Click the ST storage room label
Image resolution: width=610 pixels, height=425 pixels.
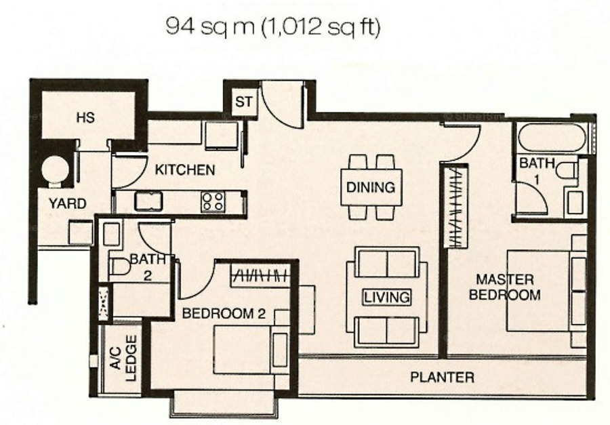[x=244, y=102]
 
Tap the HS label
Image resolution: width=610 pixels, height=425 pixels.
[x=85, y=117]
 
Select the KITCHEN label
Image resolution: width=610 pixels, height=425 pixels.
[x=185, y=169]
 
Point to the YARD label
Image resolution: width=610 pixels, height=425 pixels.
[x=68, y=203]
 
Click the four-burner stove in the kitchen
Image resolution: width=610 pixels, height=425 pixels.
[x=213, y=201]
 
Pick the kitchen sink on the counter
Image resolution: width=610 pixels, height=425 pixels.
[x=148, y=201]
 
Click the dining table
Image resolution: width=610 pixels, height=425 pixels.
[x=371, y=187]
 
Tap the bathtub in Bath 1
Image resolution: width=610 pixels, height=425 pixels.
[x=552, y=138]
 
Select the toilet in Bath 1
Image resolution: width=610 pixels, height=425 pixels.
[x=567, y=170]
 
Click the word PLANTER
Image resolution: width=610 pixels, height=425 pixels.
[x=443, y=377]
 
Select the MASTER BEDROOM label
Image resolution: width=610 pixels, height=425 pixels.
[x=505, y=287]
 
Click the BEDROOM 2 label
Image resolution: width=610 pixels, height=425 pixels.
[x=224, y=313]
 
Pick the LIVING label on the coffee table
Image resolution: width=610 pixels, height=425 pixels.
[x=387, y=298]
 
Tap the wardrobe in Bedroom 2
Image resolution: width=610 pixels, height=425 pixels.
[x=261, y=276]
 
